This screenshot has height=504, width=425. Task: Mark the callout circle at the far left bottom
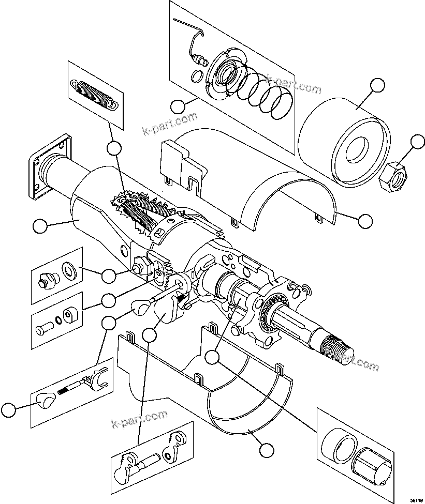tap(8, 411)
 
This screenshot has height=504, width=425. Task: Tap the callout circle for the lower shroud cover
tap(266, 450)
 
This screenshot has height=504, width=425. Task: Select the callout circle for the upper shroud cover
tap(365, 221)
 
